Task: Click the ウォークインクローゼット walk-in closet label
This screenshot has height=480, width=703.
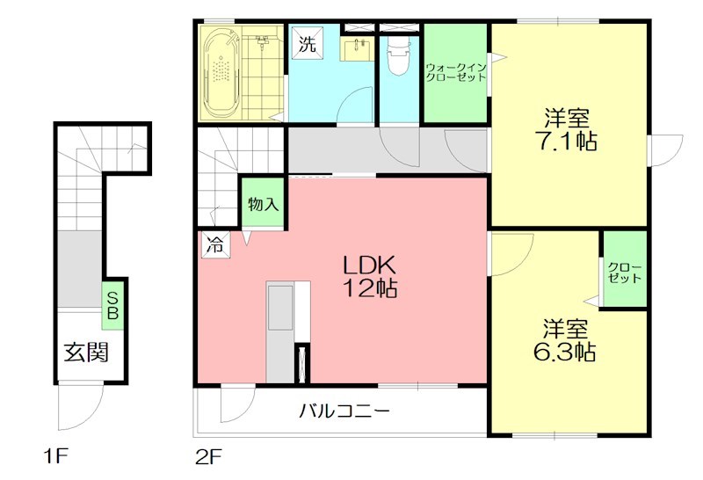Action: (x=455, y=72)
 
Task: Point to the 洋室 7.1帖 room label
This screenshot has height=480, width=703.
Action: (x=567, y=129)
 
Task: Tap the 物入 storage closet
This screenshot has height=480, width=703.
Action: (x=263, y=205)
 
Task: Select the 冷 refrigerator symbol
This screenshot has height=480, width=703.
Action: (x=214, y=246)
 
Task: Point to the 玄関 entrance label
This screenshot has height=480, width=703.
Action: (x=85, y=353)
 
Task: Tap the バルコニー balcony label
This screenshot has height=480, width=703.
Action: (x=344, y=411)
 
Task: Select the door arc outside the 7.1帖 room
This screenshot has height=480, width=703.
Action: (x=664, y=149)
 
